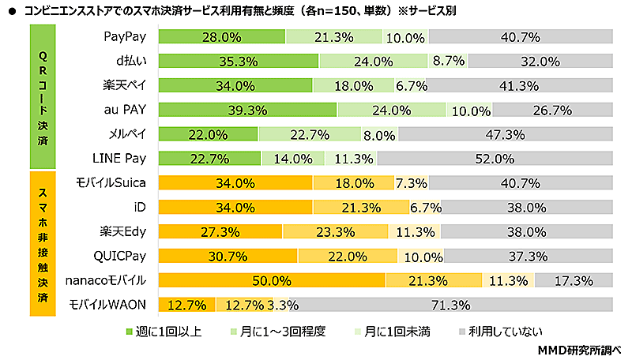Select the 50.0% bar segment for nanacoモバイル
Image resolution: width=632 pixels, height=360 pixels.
pyautogui.click(x=272, y=280)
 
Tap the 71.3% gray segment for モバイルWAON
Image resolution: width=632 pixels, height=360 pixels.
pyautogui.click(x=456, y=305)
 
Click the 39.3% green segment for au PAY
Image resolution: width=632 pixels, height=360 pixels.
pyautogui.click(x=247, y=110)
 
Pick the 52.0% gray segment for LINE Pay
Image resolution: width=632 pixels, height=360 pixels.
pyautogui.click(x=495, y=159)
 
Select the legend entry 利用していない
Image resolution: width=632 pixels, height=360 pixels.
pyautogui.click(x=498, y=331)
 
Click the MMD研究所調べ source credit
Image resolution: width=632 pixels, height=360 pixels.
pyautogui.click(x=580, y=349)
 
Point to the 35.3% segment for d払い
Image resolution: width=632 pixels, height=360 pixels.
pyautogui.click(x=238, y=61)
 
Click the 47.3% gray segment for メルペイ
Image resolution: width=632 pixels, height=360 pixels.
pyautogui.click(x=506, y=134)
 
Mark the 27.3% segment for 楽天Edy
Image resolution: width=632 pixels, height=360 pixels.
pyautogui.click(x=220, y=232)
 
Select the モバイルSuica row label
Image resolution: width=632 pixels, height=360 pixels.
pyautogui.click(x=111, y=183)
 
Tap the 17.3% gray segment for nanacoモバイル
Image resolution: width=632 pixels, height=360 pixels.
pyautogui.click(x=574, y=280)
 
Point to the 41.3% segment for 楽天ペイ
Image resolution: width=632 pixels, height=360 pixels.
pyautogui.click(x=519, y=85)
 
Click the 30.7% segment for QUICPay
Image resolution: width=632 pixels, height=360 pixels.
pyautogui.click(x=228, y=256)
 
